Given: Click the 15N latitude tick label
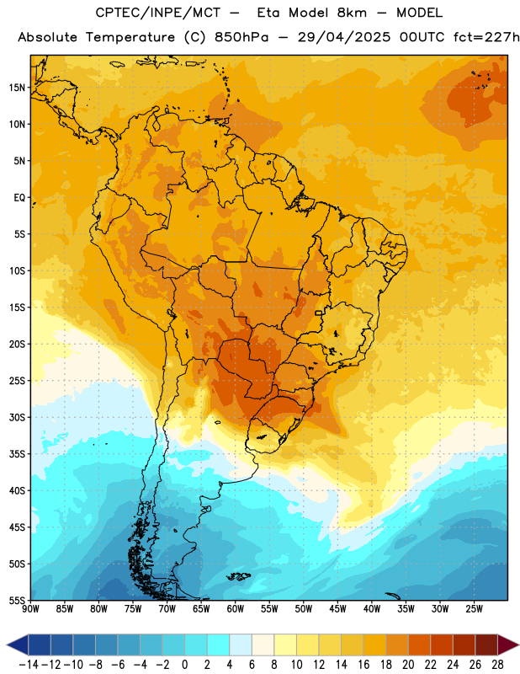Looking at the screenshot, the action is coord(17,88).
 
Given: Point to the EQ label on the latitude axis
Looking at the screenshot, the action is coord(19,198).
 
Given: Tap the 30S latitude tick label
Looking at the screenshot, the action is coord(17,417).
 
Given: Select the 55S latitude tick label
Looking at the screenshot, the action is coord(17,600).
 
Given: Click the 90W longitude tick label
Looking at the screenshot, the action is coord(30,609).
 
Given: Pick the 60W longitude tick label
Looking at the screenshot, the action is coord(236,609).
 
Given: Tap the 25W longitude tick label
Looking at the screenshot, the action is coord(474,609).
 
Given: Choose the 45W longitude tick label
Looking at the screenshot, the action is coord(337,609).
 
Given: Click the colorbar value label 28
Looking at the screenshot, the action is coord(497,665).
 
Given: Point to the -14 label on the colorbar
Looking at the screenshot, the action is coord(29,665).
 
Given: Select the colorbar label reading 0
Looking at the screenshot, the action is coord(185,665).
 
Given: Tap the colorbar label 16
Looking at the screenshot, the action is coord(363,665).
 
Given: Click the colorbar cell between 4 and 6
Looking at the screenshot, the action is coord(241,645).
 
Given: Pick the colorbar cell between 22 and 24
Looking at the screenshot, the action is coord(442,645).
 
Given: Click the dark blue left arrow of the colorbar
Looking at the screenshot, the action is coord(18,645).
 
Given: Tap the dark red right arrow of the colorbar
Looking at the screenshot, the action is coord(508,645).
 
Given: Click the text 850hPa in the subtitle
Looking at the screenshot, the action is coord(241,37).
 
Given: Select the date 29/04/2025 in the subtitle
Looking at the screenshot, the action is coord(344,37).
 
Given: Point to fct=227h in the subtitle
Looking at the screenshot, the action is coord(486,37).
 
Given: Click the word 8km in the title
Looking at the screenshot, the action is coord(352,13).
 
